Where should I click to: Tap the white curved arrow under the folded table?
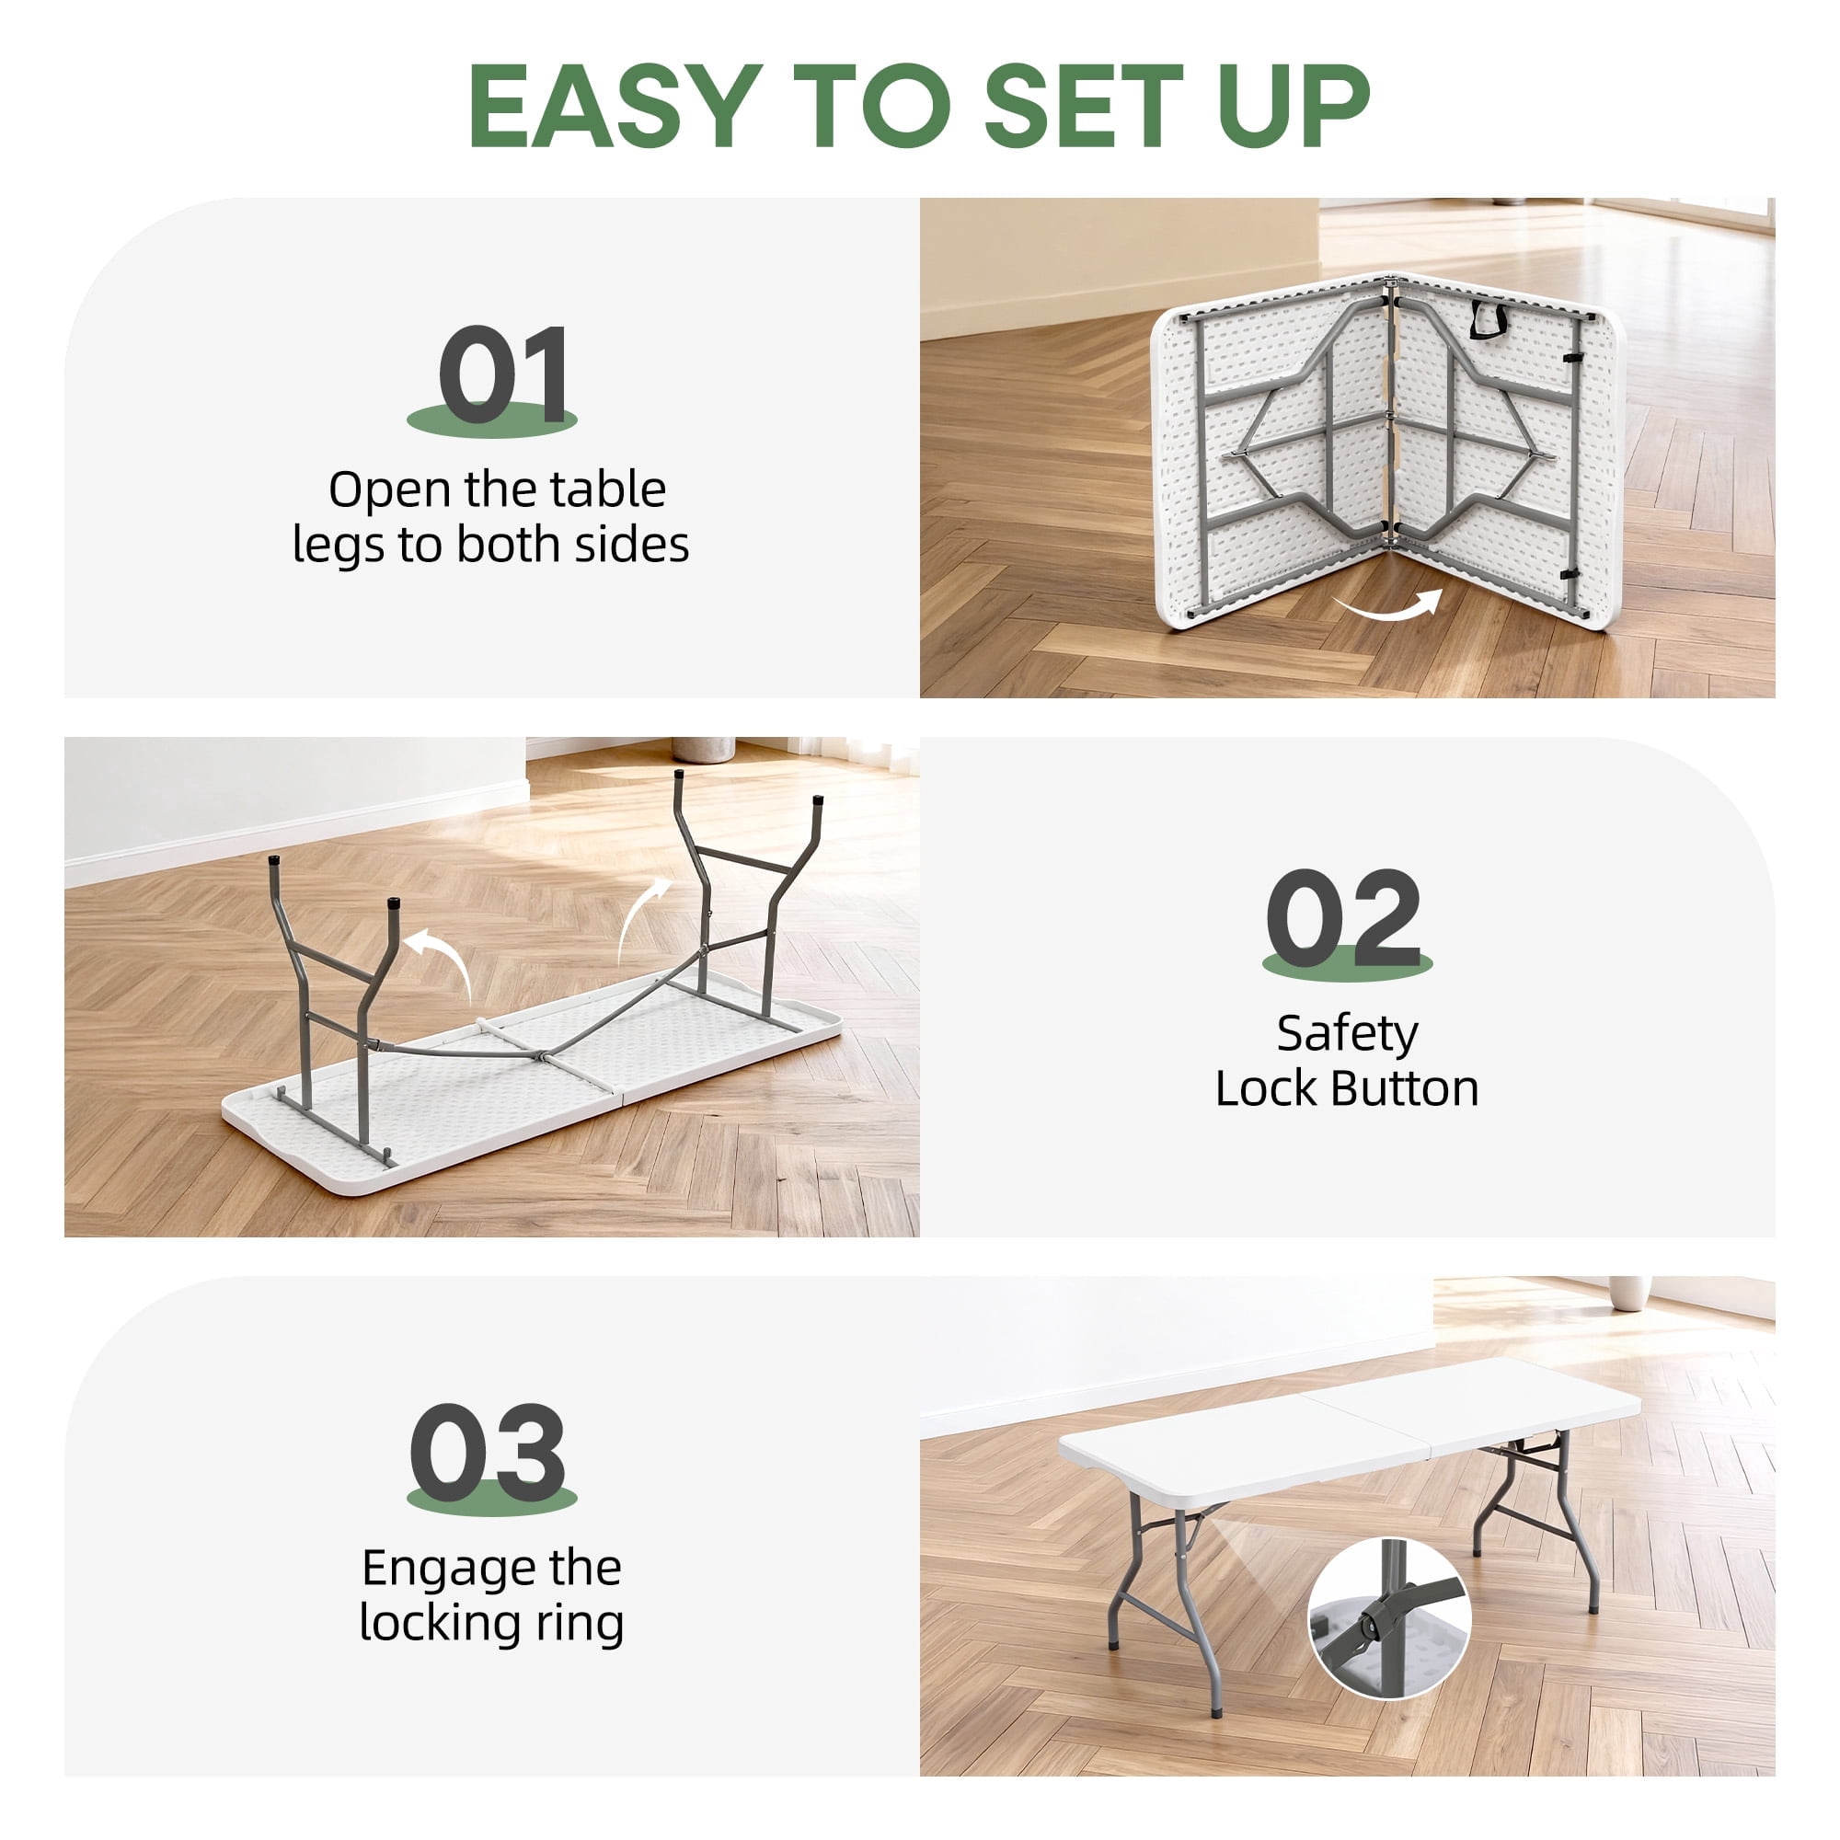tap(1387, 605)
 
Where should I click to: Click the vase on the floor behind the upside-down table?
tap(703, 749)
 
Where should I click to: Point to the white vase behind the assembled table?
tap(1629, 1294)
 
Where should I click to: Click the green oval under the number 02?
tap(1347, 963)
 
